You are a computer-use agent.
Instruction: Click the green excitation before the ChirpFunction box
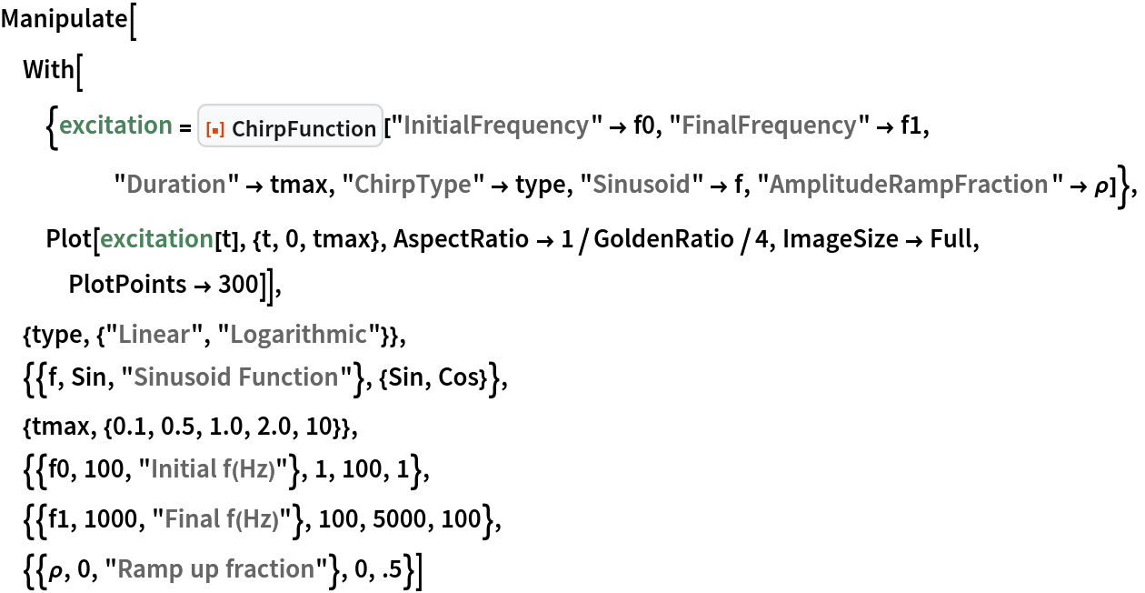pos(115,126)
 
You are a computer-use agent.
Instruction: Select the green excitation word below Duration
pos(156,239)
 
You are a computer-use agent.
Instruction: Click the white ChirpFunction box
pos(291,126)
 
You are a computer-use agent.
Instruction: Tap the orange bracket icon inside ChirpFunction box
pos(215,130)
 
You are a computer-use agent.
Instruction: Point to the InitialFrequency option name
pos(495,126)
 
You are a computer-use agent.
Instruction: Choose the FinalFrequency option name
pos(769,126)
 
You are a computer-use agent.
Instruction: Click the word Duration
pos(176,185)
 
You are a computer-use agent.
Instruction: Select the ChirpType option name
pos(413,185)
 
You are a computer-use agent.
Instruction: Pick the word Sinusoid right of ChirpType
pos(641,185)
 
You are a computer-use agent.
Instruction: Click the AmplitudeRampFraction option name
pos(909,185)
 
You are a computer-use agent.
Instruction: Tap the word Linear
pos(154,335)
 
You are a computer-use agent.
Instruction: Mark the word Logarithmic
pos(298,335)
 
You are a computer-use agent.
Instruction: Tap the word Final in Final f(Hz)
pos(192,519)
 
